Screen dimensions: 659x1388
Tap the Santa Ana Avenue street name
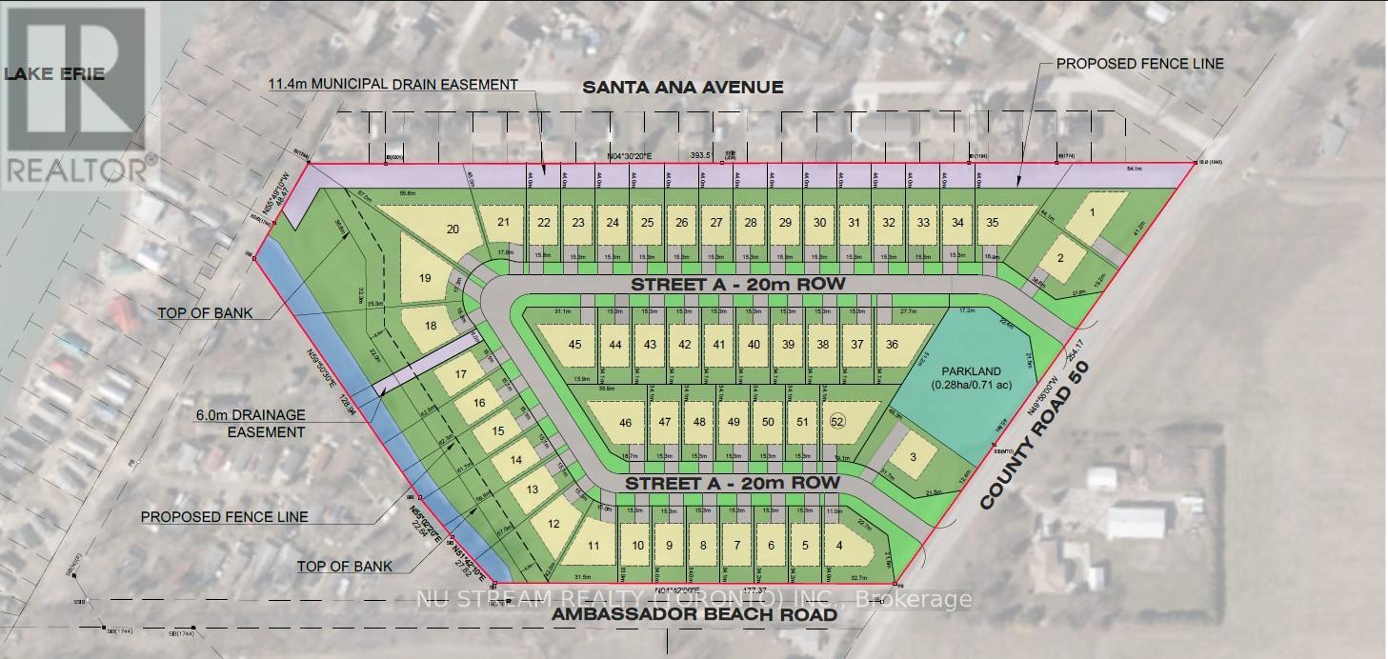pos(682,88)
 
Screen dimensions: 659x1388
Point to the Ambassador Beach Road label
pos(694,615)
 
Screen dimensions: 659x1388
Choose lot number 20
pos(453,229)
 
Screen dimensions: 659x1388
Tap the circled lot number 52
pos(837,422)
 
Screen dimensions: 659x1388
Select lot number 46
pos(625,423)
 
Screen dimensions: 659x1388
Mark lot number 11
pos(593,546)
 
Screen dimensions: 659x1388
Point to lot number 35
pos(992,223)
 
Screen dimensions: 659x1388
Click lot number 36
pos(892,345)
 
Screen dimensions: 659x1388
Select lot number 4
pos(838,546)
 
